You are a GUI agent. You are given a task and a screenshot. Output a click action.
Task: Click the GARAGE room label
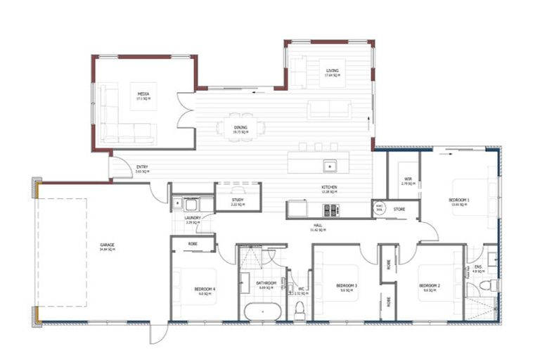pos(107,245)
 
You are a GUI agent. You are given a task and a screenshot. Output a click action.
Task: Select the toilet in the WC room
pos(300,309)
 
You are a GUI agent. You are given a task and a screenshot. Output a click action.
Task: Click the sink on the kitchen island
pos(328,166)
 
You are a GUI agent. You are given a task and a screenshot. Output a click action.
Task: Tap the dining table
pos(241,127)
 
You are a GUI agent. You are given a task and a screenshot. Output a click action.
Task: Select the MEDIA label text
pos(143,94)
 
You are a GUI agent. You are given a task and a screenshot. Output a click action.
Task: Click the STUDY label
pos(237,200)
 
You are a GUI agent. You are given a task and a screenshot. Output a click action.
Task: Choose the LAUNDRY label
pos(193,218)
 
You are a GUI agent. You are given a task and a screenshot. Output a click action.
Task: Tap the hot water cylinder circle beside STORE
pos(379,208)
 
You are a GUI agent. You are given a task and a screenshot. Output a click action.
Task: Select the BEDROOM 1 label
pos(459,200)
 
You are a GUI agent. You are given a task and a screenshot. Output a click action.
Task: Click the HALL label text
pos(317,226)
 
